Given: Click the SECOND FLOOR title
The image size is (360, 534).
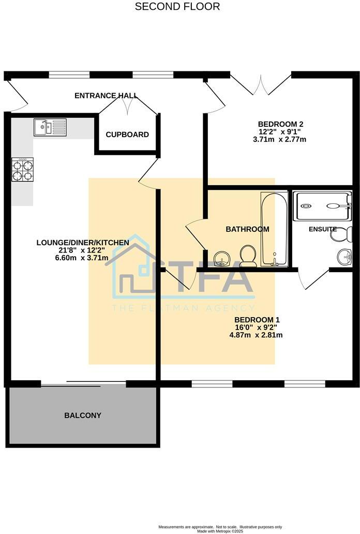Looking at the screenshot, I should [x=177, y=7].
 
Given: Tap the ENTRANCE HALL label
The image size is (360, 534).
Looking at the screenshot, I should [x=106, y=96].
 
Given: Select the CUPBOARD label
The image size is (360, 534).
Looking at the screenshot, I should [x=127, y=135].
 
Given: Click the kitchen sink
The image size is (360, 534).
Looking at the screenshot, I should [x=50, y=127].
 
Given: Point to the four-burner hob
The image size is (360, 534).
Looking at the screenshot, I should [x=22, y=170].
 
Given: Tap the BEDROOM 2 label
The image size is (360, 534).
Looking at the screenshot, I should [x=280, y=124].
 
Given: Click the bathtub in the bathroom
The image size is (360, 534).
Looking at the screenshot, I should [x=274, y=229].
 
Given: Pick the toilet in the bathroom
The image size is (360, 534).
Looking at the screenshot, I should [x=248, y=255].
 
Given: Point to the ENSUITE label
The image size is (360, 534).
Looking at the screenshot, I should [x=323, y=229].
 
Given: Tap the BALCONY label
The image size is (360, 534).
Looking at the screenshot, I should [x=83, y=416].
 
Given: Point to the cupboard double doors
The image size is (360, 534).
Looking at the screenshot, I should [x=128, y=106].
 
